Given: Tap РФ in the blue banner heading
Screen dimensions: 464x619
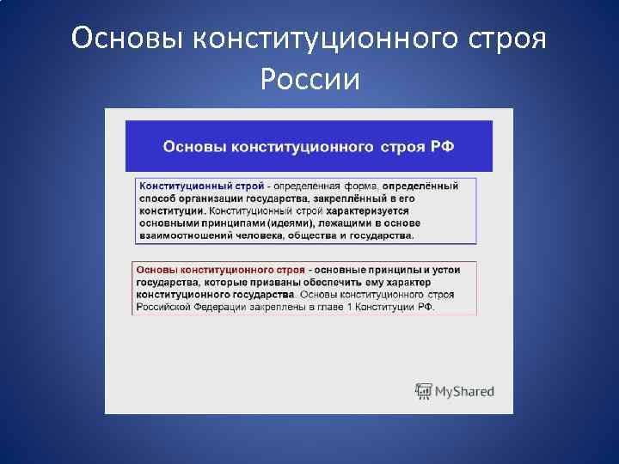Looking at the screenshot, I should [442, 146].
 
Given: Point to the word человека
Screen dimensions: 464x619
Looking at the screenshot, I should [266, 235].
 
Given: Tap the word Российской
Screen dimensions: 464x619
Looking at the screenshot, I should [164, 306].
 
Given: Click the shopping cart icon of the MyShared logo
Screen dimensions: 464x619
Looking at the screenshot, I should [423, 391].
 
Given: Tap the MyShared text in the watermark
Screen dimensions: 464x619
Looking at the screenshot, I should [464, 392].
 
